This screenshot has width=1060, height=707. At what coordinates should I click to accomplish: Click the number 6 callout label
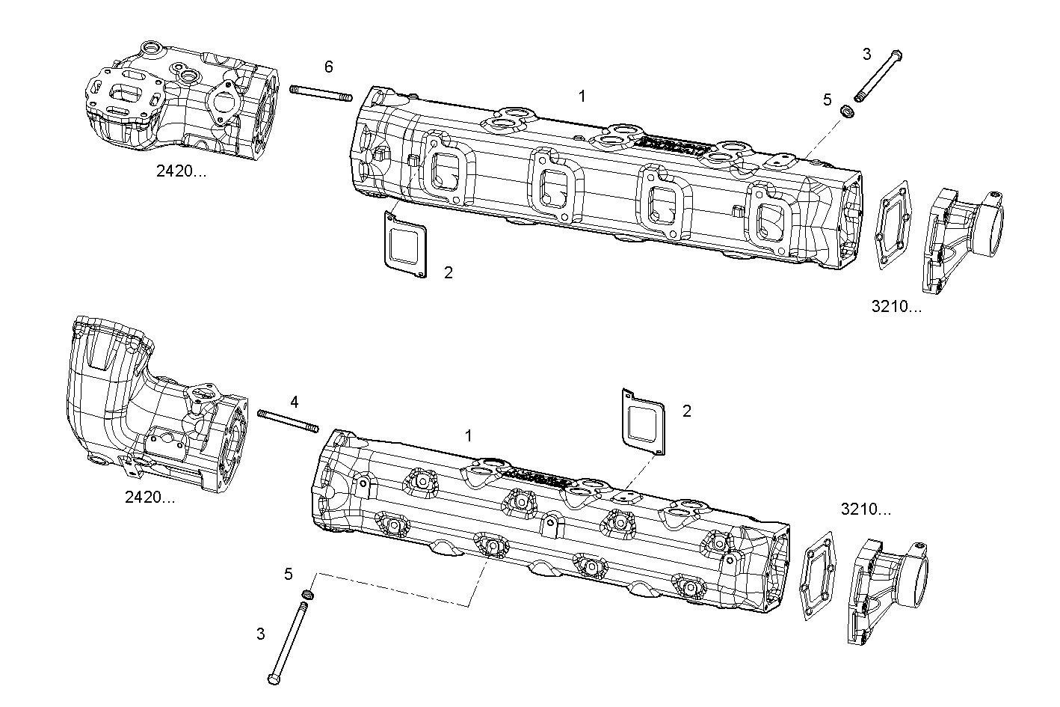pyautogui.click(x=328, y=67)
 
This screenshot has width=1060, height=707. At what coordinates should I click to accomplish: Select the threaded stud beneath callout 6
pyautogui.click(x=321, y=93)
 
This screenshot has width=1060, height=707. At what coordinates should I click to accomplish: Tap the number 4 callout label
pyautogui.click(x=295, y=402)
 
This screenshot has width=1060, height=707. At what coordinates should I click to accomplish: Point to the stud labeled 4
pyautogui.click(x=288, y=420)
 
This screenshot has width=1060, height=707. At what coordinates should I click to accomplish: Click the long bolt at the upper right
pyautogui.click(x=878, y=77)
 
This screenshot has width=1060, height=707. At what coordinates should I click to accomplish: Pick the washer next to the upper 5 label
pyautogui.click(x=848, y=112)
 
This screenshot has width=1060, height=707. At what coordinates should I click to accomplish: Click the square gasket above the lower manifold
pyautogui.click(x=643, y=421)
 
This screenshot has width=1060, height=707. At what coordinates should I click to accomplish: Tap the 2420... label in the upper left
pyautogui.click(x=181, y=170)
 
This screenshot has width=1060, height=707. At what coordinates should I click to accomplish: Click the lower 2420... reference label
pyautogui.click(x=150, y=497)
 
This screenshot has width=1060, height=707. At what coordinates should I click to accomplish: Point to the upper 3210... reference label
pyautogui.click(x=896, y=307)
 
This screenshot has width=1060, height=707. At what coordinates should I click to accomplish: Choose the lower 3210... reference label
pyautogui.click(x=866, y=509)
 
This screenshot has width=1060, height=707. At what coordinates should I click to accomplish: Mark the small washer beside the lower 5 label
pyautogui.click(x=307, y=595)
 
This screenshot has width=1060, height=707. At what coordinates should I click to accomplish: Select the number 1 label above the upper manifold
pyautogui.click(x=582, y=96)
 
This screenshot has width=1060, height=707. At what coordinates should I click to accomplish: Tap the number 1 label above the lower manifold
pyautogui.click(x=469, y=435)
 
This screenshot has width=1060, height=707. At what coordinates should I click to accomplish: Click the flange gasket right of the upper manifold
pyautogui.click(x=893, y=223)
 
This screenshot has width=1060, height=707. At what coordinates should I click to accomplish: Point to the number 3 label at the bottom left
pyautogui.click(x=260, y=634)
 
